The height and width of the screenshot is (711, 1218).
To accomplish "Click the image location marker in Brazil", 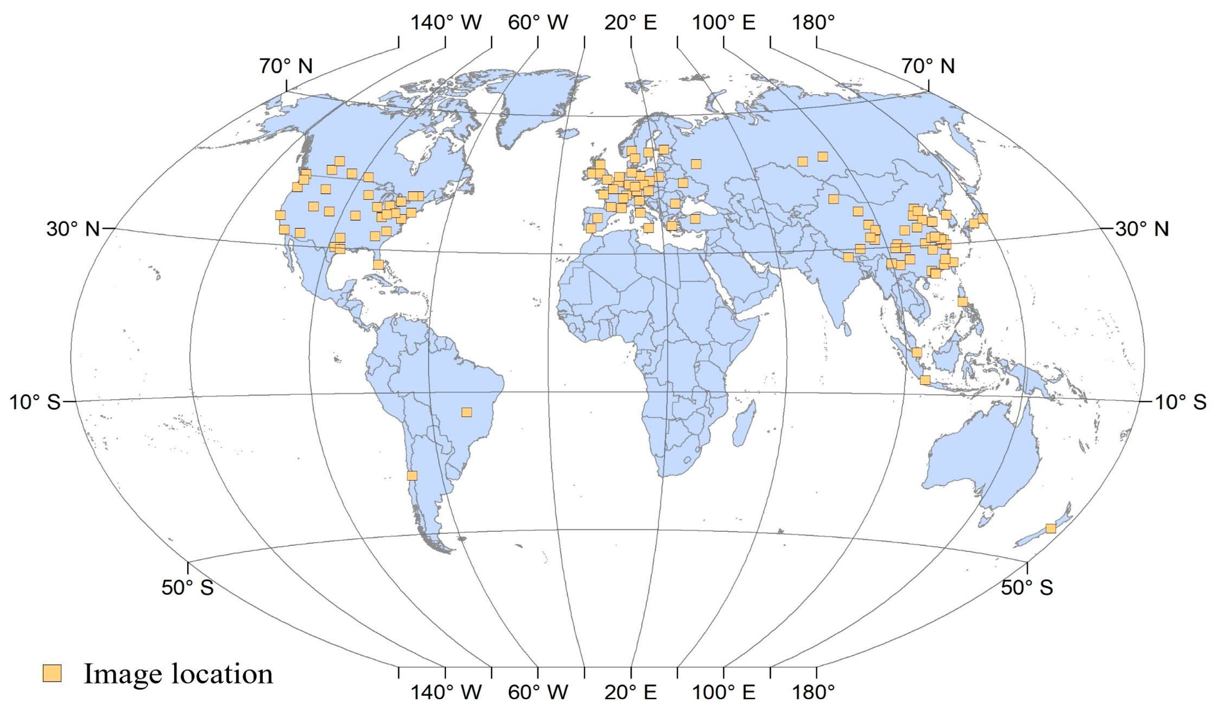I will click(x=466, y=412).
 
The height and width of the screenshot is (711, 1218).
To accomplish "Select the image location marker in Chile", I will click(x=412, y=476).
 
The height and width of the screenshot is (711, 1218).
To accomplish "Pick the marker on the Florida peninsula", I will click(x=378, y=264).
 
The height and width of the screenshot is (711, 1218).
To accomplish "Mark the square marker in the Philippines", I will click(x=962, y=302).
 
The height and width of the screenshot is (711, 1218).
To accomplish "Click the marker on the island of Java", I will click(x=925, y=380).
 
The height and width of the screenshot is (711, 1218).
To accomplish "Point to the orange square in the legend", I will click(x=52, y=673).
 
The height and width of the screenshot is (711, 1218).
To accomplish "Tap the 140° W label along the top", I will click(x=445, y=23).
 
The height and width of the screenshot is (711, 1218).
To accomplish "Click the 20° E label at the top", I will click(x=631, y=23).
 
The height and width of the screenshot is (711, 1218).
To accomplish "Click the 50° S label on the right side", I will click(x=1027, y=587).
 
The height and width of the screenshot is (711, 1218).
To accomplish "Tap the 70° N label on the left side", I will click(x=286, y=66).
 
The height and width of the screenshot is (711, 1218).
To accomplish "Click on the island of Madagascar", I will click(x=743, y=425).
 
